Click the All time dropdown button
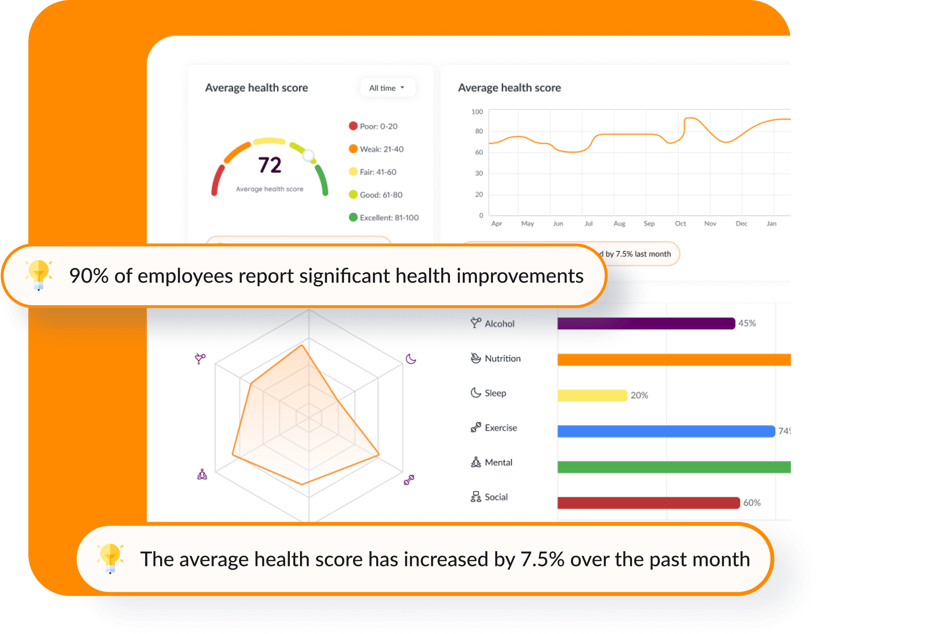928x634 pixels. [x=387, y=88]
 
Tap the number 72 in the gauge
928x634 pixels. [x=270, y=165]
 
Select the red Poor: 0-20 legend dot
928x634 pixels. [x=353, y=126]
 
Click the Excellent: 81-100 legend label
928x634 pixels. [x=389, y=218]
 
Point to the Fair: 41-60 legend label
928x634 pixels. [x=378, y=172]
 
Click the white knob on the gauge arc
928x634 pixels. [x=308, y=155]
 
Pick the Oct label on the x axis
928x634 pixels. [x=680, y=224]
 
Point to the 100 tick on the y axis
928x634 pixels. [x=477, y=112]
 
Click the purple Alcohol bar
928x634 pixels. [x=646, y=323]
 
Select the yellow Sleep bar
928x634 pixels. [x=592, y=395]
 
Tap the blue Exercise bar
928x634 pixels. [x=666, y=431]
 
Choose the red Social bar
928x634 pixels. [x=648, y=502]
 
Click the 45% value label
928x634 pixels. [x=747, y=323]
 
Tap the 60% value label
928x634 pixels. [x=751, y=502]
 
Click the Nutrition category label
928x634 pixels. [x=502, y=358]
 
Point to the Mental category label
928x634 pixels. [x=498, y=462]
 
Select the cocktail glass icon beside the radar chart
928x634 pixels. [x=200, y=358]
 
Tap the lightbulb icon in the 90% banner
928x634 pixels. [x=39, y=274]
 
